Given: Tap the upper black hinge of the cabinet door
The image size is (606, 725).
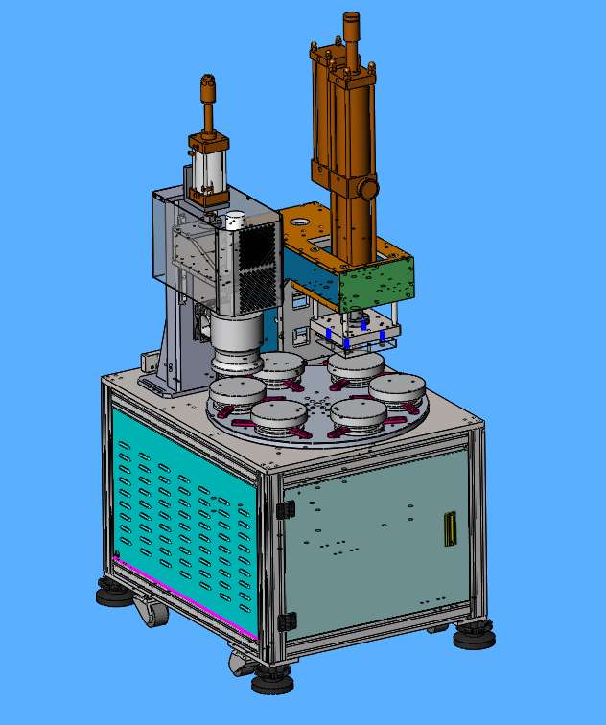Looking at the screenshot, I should pyautogui.click(x=282, y=509).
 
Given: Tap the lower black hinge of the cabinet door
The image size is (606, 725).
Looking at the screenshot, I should pyautogui.click(x=282, y=620).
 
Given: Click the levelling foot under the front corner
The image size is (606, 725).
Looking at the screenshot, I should pyautogui.click(x=273, y=683).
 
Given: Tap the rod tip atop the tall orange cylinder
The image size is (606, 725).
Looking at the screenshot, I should pyautogui.click(x=350, y=19).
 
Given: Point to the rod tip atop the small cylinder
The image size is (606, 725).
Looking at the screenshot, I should pyautogui.click(x=206, y=85).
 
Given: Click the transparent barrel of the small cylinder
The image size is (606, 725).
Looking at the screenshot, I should pyautogui.click(x=208, y=172).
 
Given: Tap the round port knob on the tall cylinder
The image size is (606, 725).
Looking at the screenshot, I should pyautogui.click(x=365, y=188).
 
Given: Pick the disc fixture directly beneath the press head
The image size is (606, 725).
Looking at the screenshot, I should pyautogui.click(x=355, y=367).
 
